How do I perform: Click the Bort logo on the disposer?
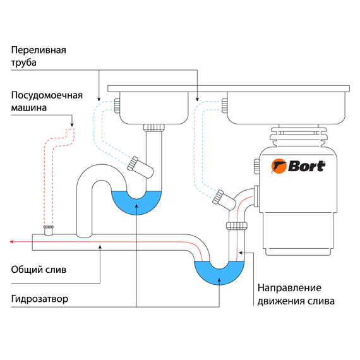[299, 166]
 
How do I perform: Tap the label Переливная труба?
[39, 56]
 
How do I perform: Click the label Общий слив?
[38, 269]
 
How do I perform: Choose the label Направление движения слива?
[296, 294]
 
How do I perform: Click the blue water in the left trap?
[136, 201]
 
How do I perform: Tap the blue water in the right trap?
[218, 272]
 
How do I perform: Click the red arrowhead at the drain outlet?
[12, 241]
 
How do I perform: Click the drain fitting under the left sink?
[153, 128]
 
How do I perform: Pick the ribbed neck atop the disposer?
[297, 136]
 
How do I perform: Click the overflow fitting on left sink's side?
[117, 105]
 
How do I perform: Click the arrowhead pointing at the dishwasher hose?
[71, 125]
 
